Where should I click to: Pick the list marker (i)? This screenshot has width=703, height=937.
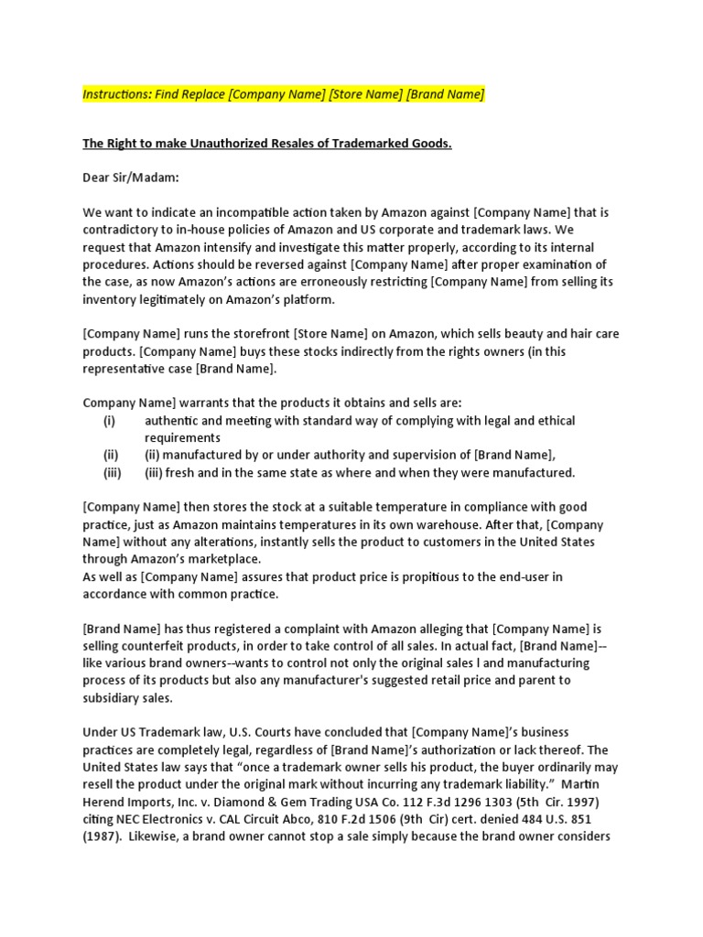[110, 420]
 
